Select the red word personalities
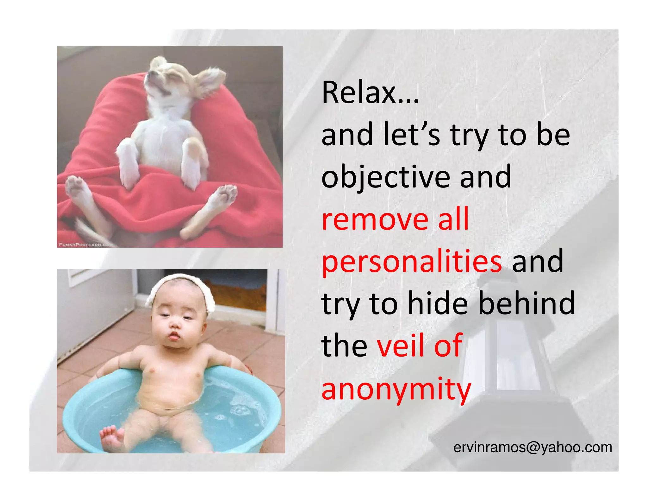coord(412,262)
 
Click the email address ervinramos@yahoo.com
coord(533,447)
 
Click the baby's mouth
coord(173,336)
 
